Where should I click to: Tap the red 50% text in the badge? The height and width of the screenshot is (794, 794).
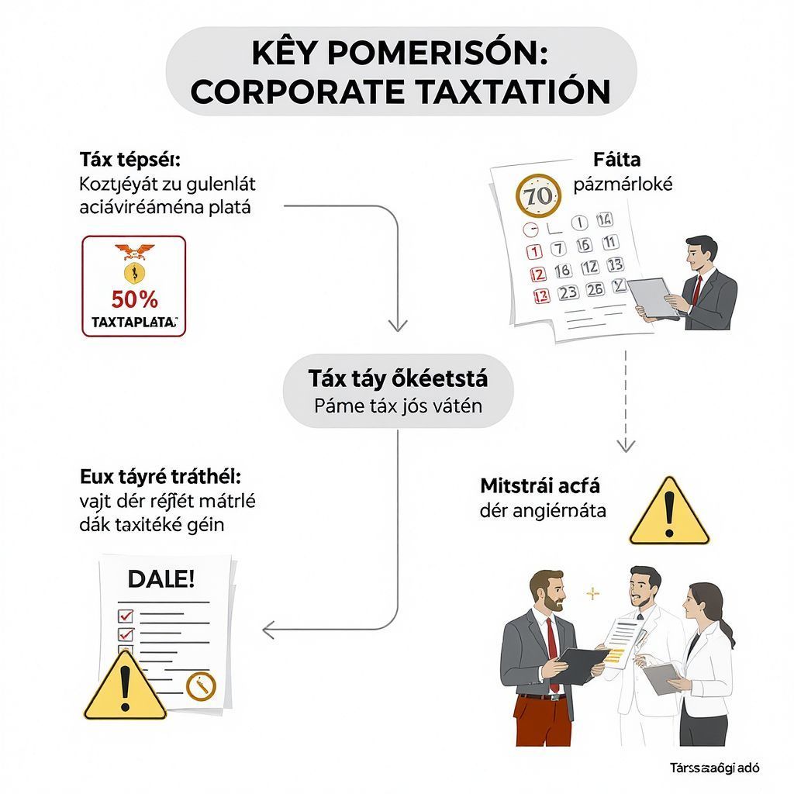134,299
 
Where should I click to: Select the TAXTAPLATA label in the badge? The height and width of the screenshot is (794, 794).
134,321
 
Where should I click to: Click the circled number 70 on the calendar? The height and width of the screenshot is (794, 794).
536,195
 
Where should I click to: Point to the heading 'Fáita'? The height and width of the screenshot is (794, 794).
616,161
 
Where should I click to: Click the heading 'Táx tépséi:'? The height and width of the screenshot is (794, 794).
129,160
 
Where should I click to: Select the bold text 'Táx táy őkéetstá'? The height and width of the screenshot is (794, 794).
398,378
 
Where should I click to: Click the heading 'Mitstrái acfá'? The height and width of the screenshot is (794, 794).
540,486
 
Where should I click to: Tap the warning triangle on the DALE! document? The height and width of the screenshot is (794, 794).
124,686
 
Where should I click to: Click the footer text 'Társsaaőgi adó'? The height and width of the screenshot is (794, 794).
715,768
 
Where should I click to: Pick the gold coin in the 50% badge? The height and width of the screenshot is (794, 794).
133,271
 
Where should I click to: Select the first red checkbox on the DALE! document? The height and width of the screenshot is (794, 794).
124,616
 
